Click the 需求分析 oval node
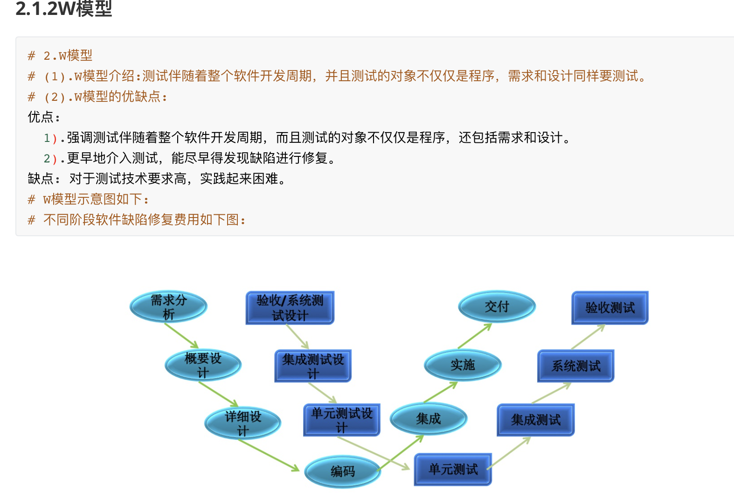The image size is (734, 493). pyautogui.click(x=168, y=307)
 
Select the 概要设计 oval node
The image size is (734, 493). pyautogui.click(x=203, y=365)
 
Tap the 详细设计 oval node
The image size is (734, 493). pyautogui.click(x=242, y=423)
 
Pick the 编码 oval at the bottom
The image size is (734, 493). pyautogui.click(x=343, y=472)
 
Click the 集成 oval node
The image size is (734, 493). pyautogui.click(x=428, y=419)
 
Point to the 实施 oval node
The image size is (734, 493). pyautogui.click(x=463, y=365)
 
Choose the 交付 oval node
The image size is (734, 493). pyautogui.click(x=497, y=307)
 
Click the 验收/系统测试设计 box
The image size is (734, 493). pyautogui.click(x=290, y=308)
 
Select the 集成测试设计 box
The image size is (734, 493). pyautogui.click(x=313, y=366)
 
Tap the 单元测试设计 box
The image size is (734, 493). pyautogui.click(x=342, y=420)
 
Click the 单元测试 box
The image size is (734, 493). pyautogui.click(x=453, y=469)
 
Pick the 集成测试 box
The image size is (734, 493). pyautogui.click(x=536, y=420)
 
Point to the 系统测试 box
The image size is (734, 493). pyautogui.click(x=576, y=366)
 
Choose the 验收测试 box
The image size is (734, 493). pyautogui.click(x=610, y=308)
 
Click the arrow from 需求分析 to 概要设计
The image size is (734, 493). pyautogui.click(x=181, y=335)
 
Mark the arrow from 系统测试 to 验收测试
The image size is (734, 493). pyautogui.click(x=588, y=337)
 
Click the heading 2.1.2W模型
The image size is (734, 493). pyautogui.click(x=64, y=8)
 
